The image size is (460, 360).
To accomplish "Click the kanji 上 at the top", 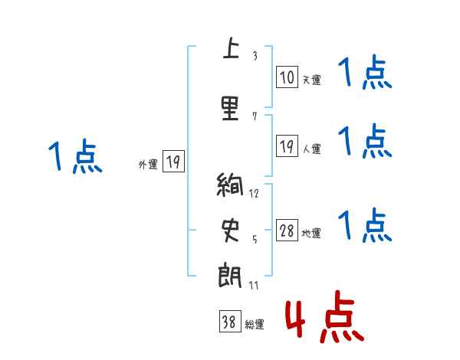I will pyautogui.click(x=228, y=50).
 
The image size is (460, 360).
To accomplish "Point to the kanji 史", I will pyautogui.click(x=228, y=229).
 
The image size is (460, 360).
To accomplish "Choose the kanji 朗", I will pyautogui.click(x=228, y=274).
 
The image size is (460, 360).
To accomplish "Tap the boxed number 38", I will pyautogui.click(x=228, y=322).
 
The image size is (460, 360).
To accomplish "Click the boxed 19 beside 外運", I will pyautogui.click(x=172, y=162).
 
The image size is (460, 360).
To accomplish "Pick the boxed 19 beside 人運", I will pyautogui.click(x=287, y=147).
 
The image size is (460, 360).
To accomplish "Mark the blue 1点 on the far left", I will pyautogui.click(x=74, y=157).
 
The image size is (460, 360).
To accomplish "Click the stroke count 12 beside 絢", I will pyautogui.click(x=254, y=193).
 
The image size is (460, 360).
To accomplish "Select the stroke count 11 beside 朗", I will pyautogui.click(x=254, y=285).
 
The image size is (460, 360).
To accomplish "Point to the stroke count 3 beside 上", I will pyautogui.click(x=255, y=56).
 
